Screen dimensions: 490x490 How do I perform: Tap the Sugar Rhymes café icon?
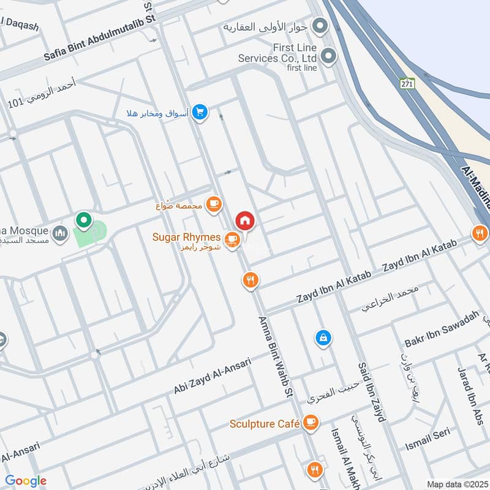coord(232,238)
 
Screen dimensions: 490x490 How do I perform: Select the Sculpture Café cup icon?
coord(311,423)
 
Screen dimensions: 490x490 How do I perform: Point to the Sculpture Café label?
coord(265,423)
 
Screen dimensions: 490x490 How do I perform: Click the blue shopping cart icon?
coord(199,113)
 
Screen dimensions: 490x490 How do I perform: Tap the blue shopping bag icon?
coord(322,337)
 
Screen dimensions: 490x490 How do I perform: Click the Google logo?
coord(25,481)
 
